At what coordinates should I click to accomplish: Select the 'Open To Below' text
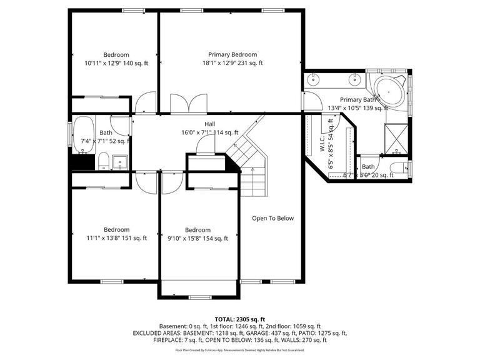point(272,218)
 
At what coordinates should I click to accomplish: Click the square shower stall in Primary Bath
point(396,138)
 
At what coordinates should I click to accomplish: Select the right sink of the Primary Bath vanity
point(354,79)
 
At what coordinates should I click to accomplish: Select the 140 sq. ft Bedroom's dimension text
point(116,63)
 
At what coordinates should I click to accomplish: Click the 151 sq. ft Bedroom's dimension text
point(116,237)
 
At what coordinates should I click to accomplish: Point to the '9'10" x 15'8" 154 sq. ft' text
point(197,238)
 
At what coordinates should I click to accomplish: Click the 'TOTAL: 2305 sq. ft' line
point(240,319)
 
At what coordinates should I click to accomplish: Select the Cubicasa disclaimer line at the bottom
point(240,351)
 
